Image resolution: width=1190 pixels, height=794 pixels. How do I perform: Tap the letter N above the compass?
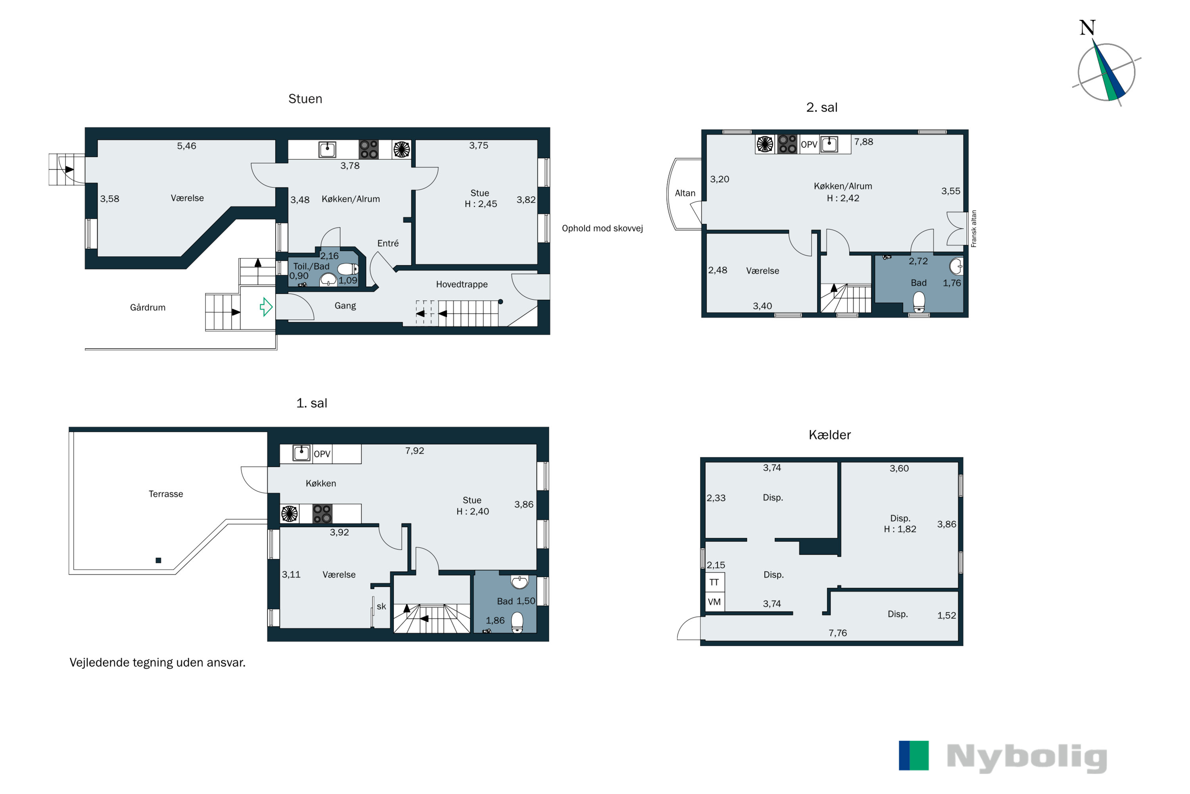1087,27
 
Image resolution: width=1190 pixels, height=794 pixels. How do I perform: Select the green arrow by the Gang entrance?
266,307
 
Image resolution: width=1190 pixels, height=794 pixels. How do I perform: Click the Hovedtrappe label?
461,285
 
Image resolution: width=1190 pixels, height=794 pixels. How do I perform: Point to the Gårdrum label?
148,307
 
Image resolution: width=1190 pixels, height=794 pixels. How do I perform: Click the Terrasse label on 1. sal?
166,494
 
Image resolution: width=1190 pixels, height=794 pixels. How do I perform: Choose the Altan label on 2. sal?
685,193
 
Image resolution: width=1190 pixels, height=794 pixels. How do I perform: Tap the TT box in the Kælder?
714,582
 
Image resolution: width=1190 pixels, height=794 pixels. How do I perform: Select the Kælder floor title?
830,435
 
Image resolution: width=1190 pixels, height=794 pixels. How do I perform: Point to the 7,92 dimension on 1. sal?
415,451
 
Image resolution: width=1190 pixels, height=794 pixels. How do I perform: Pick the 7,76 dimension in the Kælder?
838,633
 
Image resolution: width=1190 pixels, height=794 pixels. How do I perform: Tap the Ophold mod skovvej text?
602,228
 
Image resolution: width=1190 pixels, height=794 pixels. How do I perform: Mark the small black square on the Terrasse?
158,561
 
